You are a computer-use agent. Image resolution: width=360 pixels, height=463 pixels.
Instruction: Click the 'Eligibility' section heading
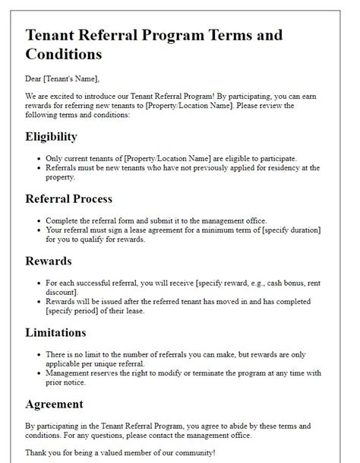coord(52,137)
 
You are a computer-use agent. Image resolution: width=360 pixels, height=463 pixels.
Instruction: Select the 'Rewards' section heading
coord(48,261)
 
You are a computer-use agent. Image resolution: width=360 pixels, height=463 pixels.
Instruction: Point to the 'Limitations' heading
coord(56,332)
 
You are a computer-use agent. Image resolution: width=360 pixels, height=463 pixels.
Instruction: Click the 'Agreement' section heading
coord(55,404)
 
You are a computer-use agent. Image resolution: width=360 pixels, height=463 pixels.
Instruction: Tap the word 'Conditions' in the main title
coord(64,55)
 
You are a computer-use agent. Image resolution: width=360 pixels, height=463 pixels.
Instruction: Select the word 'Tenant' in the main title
coord(50,35)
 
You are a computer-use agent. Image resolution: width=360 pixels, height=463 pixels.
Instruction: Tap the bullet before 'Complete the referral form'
coord(38,220)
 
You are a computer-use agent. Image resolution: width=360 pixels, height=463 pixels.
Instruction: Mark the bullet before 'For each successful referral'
coord(38,282)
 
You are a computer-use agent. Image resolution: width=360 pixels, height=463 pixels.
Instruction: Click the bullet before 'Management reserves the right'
coord(38,374)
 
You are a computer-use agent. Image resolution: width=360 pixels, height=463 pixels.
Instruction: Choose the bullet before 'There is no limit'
coord(38,354)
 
